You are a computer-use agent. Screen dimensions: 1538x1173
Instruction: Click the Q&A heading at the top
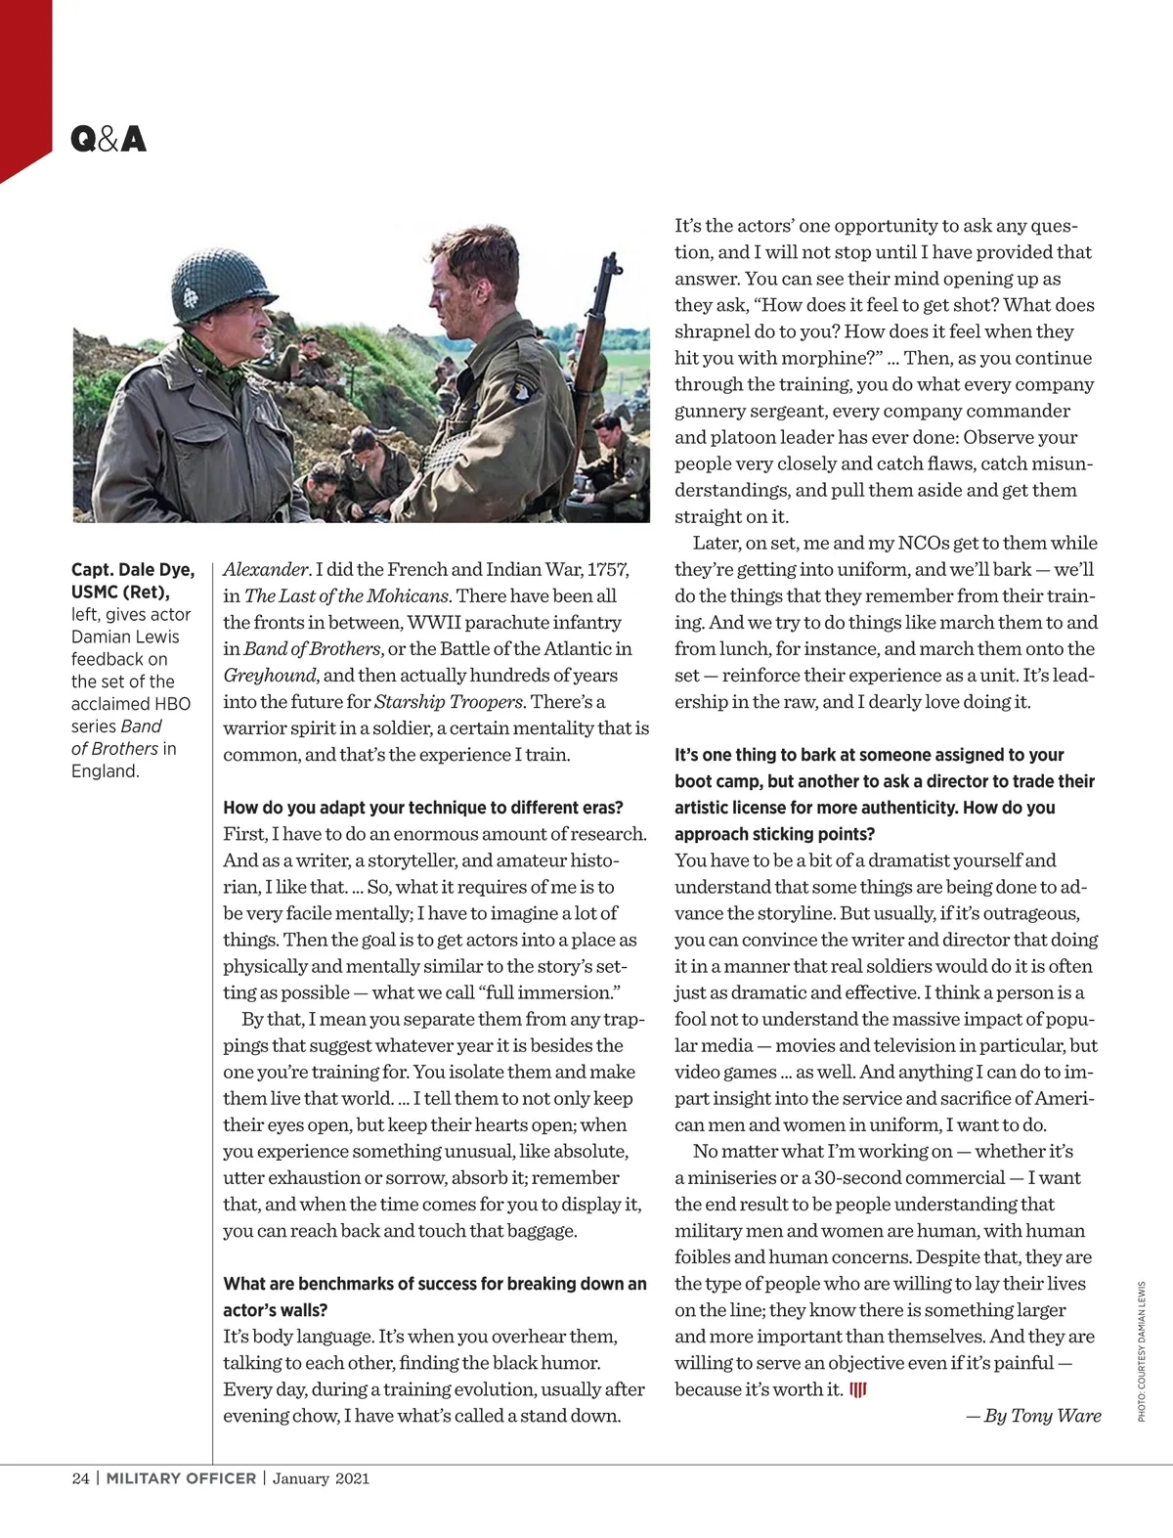coord(108,140)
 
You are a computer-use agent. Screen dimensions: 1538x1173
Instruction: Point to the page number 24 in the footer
coord(80,1478)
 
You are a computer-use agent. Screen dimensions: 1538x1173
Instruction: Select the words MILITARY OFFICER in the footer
coord(181,1478)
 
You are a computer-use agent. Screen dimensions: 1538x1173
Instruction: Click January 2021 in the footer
coord(321,1478)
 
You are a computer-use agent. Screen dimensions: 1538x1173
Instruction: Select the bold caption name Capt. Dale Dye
coord(133,570)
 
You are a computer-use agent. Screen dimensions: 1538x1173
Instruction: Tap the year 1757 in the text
coord(607,570)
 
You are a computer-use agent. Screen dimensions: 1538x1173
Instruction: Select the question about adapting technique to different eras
coord(422,808)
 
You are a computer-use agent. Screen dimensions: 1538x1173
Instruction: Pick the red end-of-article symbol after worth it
coord(858,1390)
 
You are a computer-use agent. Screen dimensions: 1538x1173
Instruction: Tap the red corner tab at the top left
coord(24,88)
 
